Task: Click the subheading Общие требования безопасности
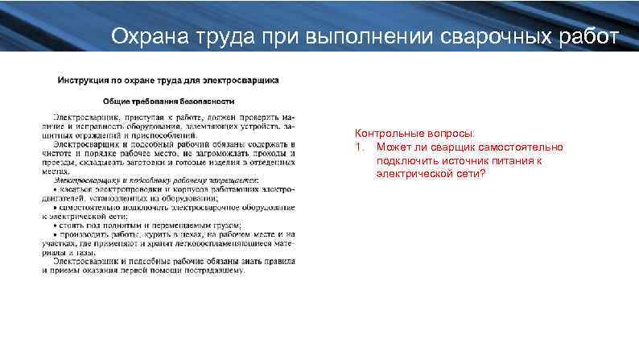point(168,101)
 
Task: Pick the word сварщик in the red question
point(453,147)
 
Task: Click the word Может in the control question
point(391,147)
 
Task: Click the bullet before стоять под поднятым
point(53,226)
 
